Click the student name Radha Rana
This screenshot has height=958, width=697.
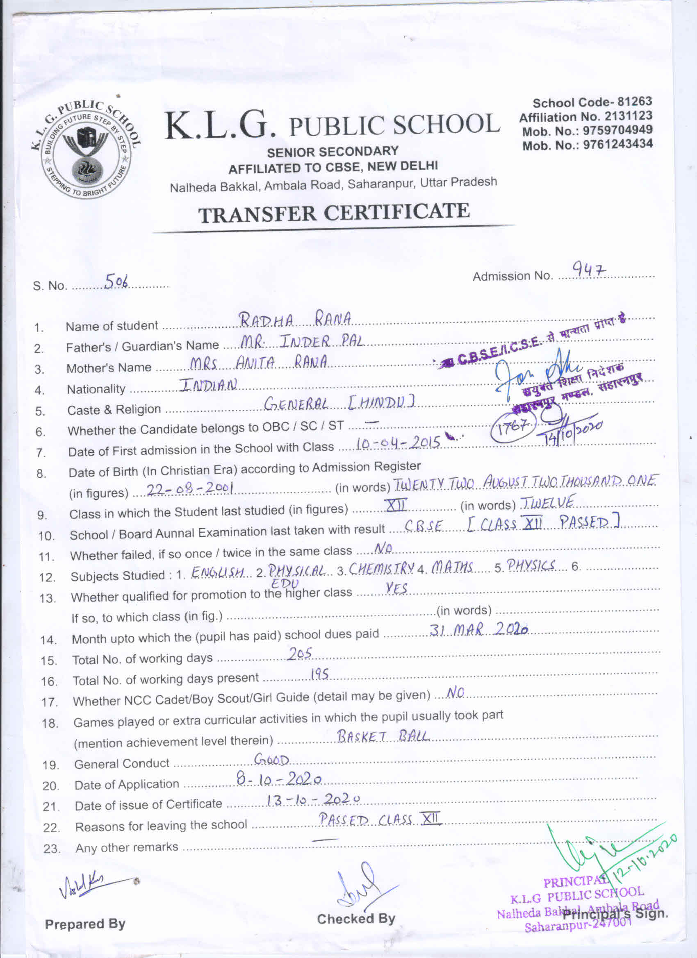(x=295, y=320)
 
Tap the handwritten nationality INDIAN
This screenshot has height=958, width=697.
(x=208, y=385)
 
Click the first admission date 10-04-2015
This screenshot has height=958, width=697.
(x=399, y=443)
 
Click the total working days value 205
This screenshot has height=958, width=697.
(x=300, y=654)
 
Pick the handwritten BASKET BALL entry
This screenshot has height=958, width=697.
(x=383, y=737)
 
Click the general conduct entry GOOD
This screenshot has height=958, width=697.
(x=272, y=760)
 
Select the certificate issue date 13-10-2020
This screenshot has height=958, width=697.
(x=313, y=799)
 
